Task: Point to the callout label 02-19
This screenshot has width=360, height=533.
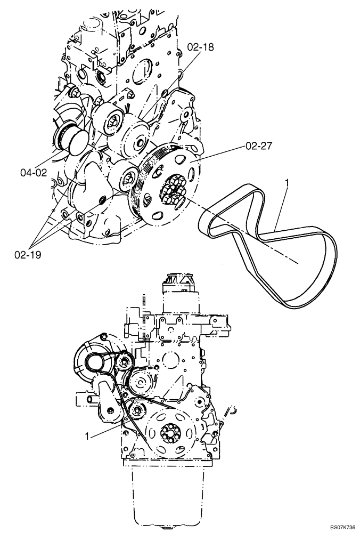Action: tap(27, 254)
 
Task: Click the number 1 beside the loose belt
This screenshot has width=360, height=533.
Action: tap(288, 185)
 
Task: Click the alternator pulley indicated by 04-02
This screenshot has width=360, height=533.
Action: tap(68, 140)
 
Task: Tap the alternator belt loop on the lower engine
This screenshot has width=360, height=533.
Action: tap(101, 362)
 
